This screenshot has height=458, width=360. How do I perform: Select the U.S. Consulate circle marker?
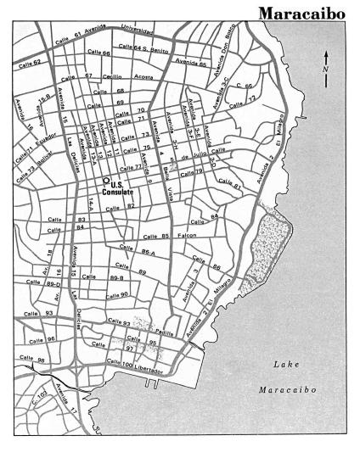point(106,180)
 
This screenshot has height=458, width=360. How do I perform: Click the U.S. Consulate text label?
point(119,189)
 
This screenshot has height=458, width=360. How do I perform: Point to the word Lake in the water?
point(286,364)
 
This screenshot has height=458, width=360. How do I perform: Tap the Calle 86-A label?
point(138,251)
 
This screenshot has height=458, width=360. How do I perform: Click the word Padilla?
point(174,332)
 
